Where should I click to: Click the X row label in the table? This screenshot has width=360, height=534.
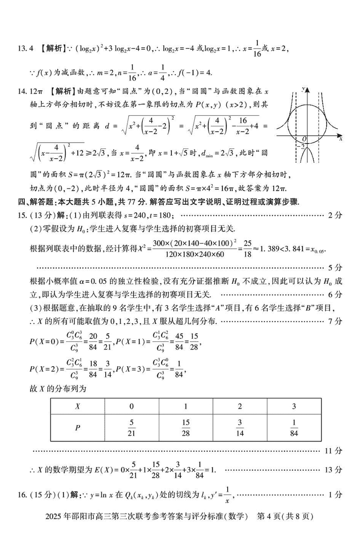point(77,406)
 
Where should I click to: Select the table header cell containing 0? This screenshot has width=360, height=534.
point(131,406)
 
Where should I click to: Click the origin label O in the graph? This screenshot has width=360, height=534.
point(305,139)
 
